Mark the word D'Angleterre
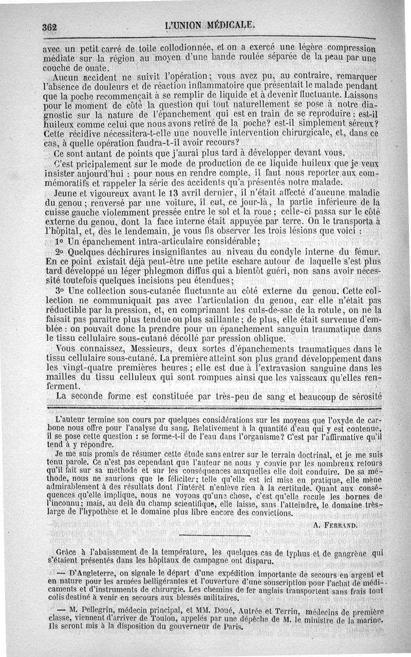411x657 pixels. (x=91, y=572)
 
